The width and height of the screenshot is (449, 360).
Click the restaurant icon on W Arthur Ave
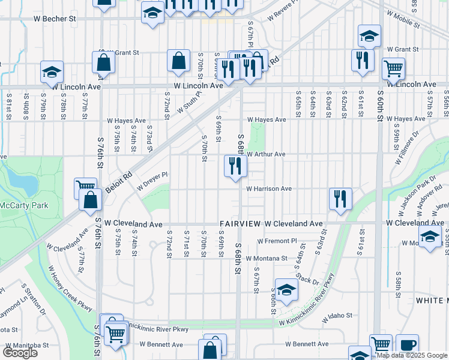tap(235, 166)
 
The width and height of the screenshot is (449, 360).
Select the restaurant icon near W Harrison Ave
tap(340, 199)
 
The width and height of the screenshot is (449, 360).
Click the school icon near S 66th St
tap(286, 290)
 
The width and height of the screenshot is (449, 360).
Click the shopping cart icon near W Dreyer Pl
tap(85, 188)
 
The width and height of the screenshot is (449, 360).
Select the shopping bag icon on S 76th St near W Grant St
tap(103, 62)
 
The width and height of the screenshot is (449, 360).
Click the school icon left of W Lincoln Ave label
tap(52, 71)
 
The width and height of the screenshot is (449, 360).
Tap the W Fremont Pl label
tap(277, 241)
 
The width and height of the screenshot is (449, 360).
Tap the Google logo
tap(20, 353)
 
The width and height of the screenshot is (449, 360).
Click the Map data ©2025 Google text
tap(412, 355)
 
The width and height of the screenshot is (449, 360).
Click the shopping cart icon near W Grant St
tap(393, 68)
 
